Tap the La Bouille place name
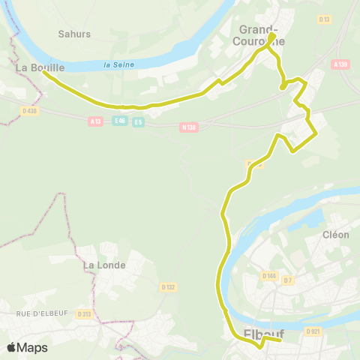point(40,67)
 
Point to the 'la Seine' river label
point(119,64)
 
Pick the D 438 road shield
point(29,111)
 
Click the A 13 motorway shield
point(95,121)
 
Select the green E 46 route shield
point(119,121)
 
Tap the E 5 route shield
point(138,122)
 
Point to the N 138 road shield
point(188,127)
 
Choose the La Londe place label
point(104,265)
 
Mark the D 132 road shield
point(168,286)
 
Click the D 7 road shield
point(287,279)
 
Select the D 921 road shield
point(313,331)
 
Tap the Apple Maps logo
point(27,347)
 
